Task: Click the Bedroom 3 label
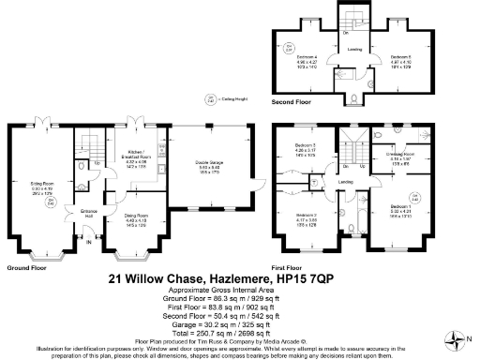tap(306, 148)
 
